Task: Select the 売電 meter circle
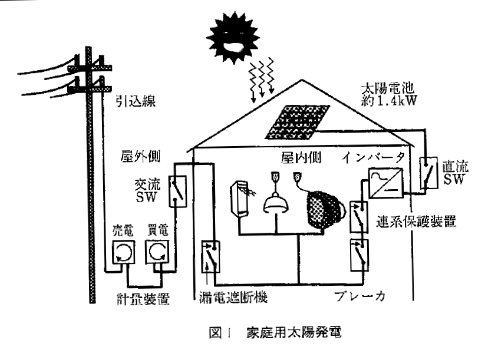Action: tap(123, 254)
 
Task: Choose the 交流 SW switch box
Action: tap(177, 191)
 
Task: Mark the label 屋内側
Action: tap(300, 157)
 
